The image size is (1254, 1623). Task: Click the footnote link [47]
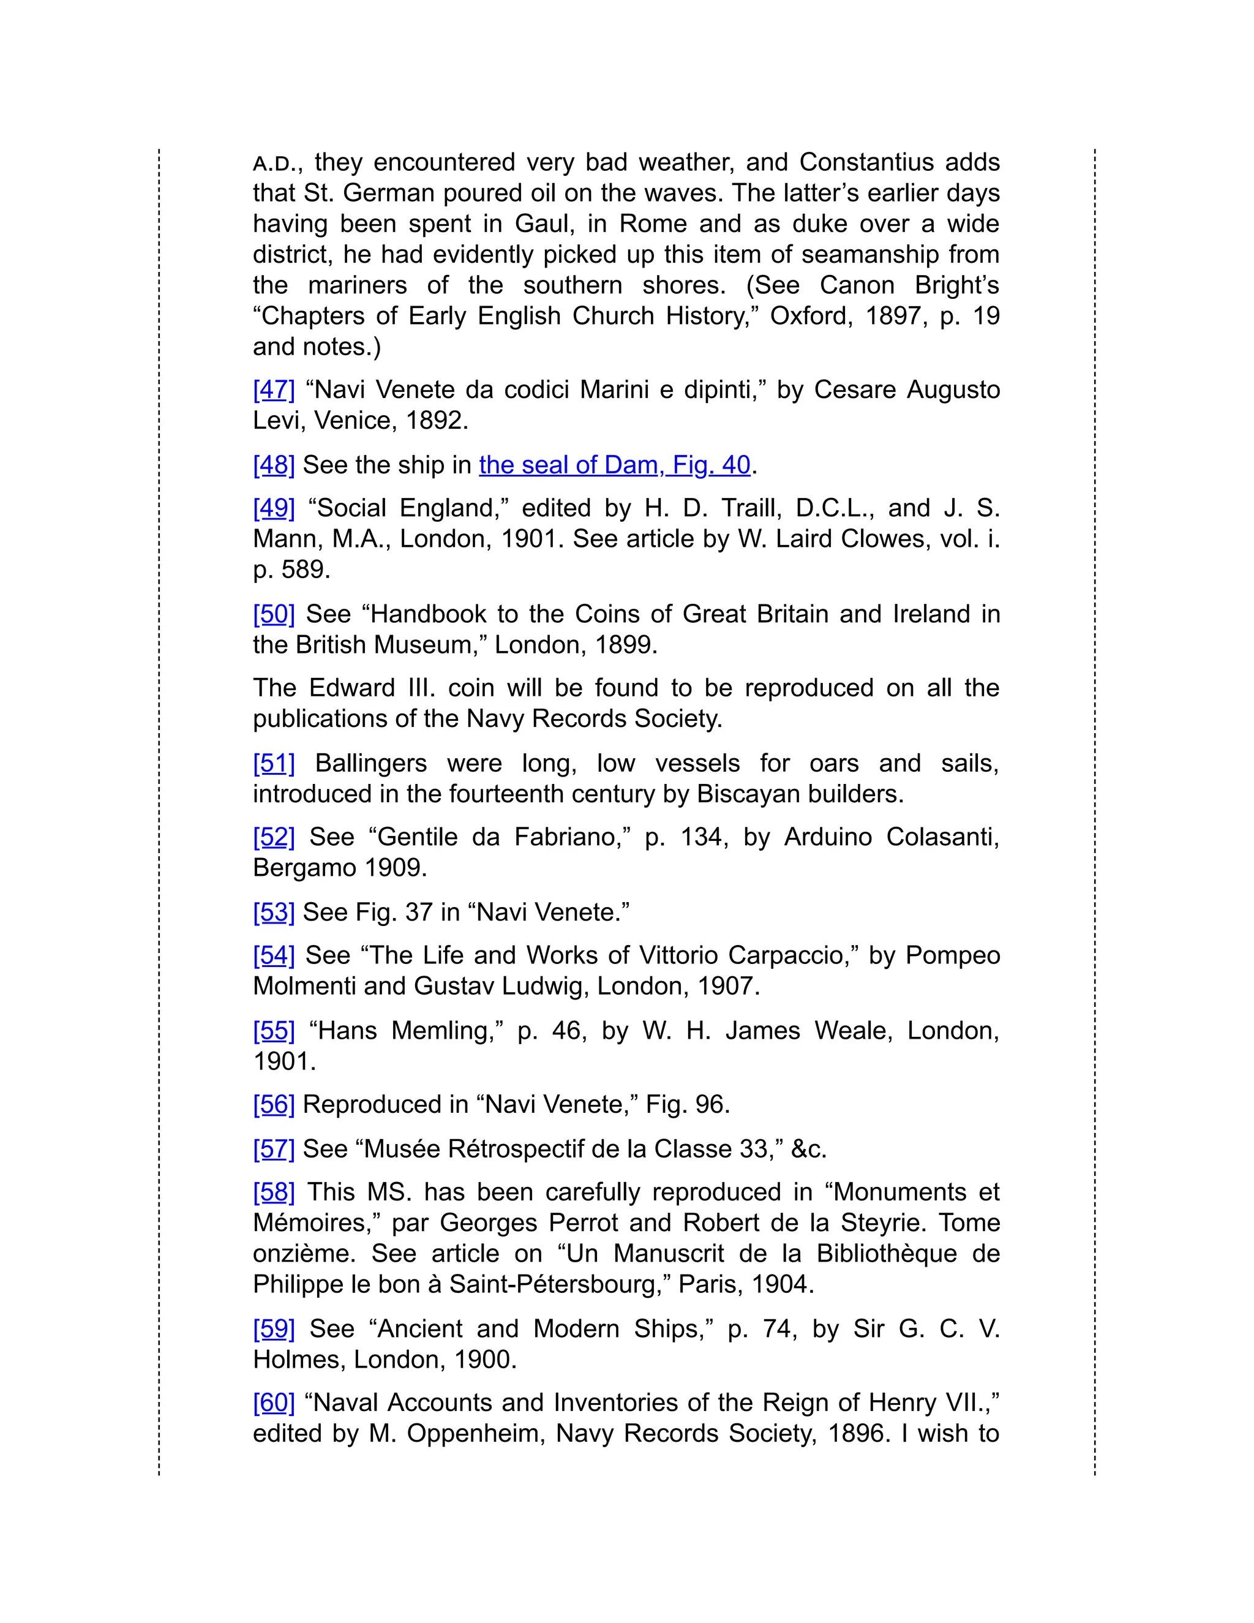click(273, 390)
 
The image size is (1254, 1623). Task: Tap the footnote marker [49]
click(273, 508)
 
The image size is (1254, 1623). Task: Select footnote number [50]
click(273, 614)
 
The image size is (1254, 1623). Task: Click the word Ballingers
click(370, 763)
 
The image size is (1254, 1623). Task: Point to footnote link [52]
click(273, 837)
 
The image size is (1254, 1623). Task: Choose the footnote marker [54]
click(273, 955)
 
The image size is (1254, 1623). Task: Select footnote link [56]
click(273, 1104)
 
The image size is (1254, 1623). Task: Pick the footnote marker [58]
click(273, 1192)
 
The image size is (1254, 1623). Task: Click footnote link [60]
click(273, 1403)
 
